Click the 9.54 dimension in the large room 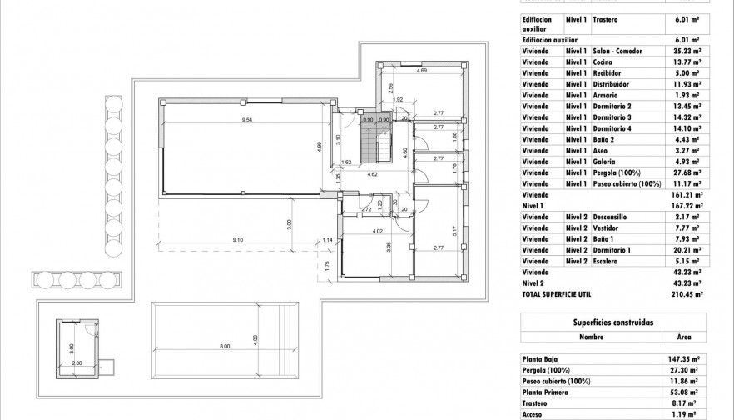coord(247,122)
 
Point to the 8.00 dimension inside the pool coord(225,346)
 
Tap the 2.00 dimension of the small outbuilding coord(77,363)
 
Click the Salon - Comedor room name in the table coord(617,51)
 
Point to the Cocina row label coord(603,62)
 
